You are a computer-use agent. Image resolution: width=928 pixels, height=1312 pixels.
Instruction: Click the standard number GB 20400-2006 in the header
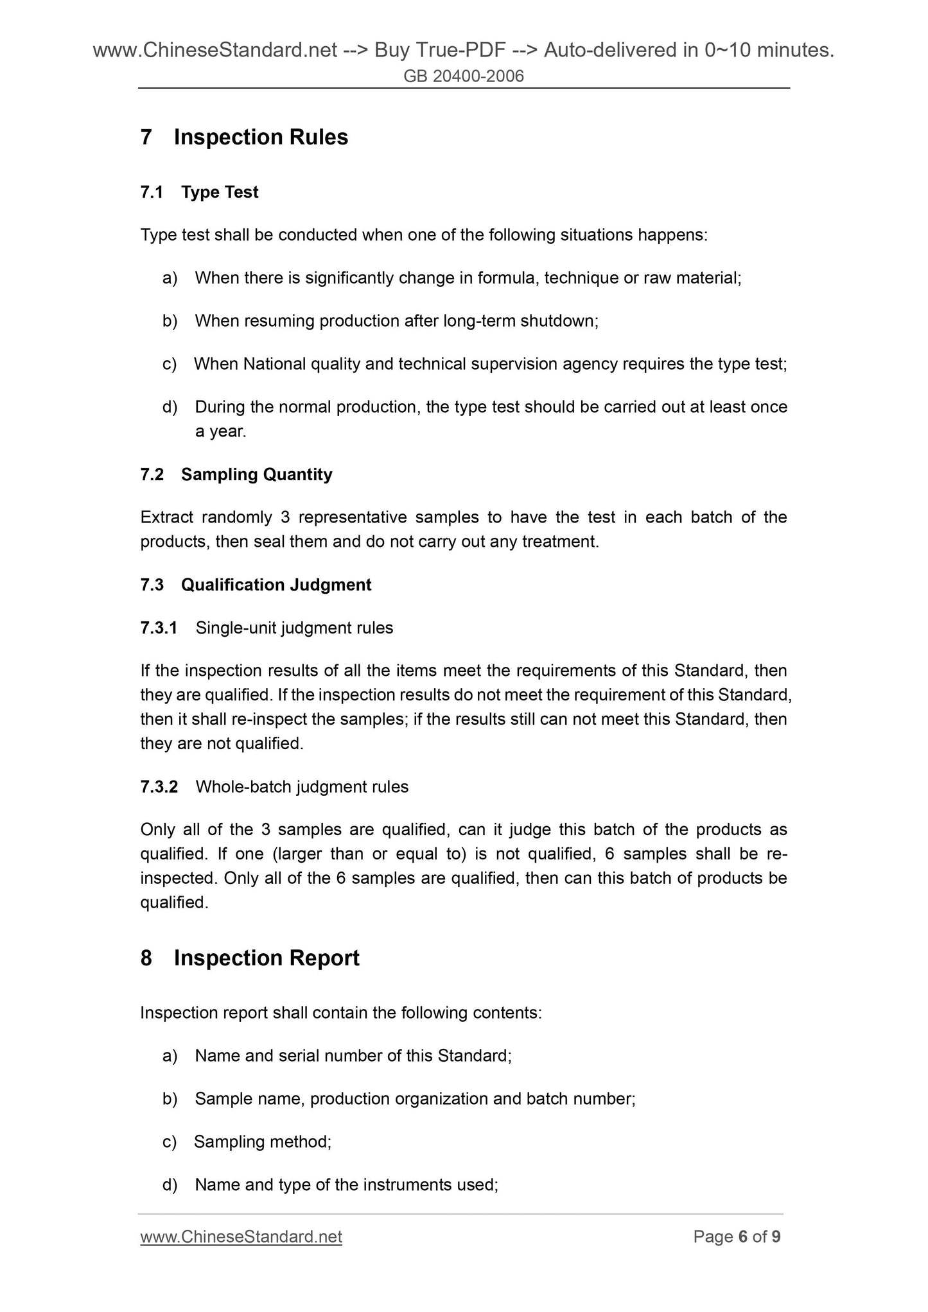pyautogui.click(x=464, y=76)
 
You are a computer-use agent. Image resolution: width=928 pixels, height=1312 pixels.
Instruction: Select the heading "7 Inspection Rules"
pyautogui.click(x=244, y=137)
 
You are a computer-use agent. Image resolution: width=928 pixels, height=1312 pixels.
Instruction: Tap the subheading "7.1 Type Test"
pyautogui.click(x=199, y=192)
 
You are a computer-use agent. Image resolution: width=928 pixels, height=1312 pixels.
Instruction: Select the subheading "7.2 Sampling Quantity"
pyautogui.click(x=236, y=474)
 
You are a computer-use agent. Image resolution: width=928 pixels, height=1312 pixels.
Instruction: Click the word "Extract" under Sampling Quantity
pyautogui.click(x=167, y=517)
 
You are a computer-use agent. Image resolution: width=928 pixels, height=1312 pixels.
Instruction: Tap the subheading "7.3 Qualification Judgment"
pyautogui.click(x=256, y=585)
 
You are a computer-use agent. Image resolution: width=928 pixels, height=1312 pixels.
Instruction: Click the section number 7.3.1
pyautogui.click(x=159, y=628)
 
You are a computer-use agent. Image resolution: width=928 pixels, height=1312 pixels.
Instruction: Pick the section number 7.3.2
pyautogui.click(x=159, y=787)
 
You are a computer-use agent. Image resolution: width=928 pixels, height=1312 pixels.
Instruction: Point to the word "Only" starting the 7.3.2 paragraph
pyautogui.click(x=157, y=830)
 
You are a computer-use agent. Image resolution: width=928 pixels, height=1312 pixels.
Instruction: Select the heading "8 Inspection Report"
pyautogui.click(x=250, y=958)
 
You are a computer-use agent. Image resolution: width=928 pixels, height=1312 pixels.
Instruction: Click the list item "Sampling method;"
pyautogui.click(x=263, y=1142)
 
